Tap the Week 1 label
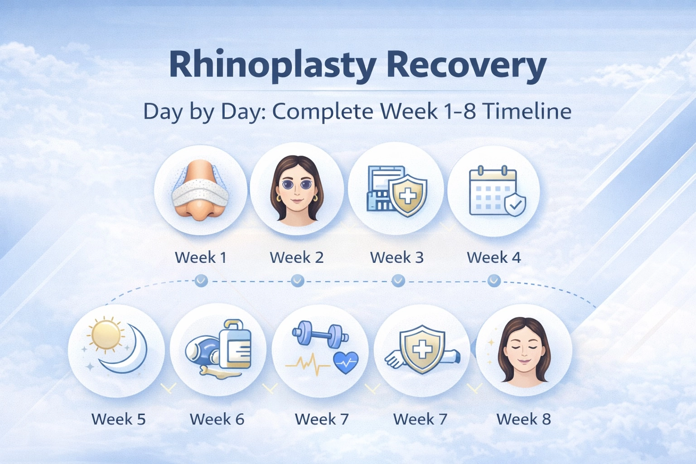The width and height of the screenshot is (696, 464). (x=200, y=257)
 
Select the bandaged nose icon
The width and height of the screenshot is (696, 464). (x=199, y=190)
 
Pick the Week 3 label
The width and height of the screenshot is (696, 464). (x=396, y=257)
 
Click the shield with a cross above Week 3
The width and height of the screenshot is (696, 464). (x=408, y=195)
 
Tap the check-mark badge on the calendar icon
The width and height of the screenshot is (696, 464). (x=515, y=205)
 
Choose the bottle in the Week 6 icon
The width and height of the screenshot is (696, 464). (x=235, y=344)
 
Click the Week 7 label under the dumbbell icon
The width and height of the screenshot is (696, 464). (x=322, y=419)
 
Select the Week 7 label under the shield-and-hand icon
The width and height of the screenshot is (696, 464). (x=420, y=419)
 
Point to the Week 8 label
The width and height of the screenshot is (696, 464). (x=523, y=419)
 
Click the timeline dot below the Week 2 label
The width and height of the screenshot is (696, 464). (x=297, y=281)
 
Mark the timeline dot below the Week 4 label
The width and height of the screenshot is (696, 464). (x=494, y=281)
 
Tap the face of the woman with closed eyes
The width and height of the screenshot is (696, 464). (x=524, y=353)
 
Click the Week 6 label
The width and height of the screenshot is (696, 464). (x=217, y=419)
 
